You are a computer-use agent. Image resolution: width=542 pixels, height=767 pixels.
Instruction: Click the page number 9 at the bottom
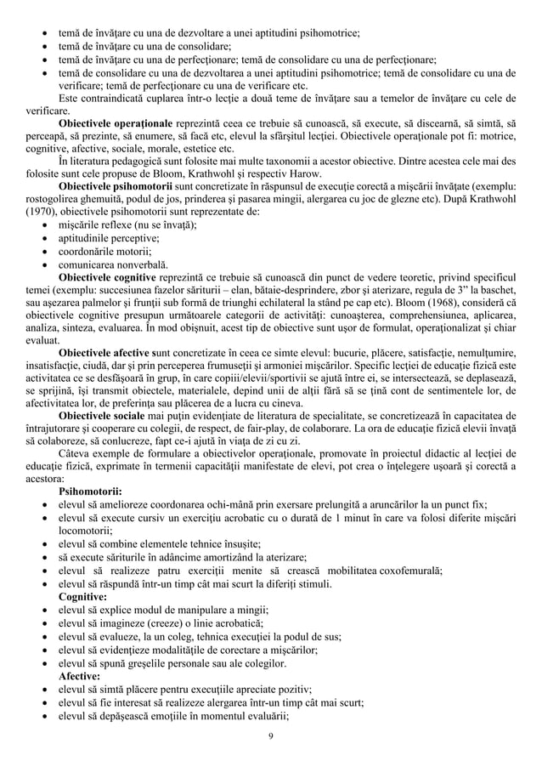(269, 736)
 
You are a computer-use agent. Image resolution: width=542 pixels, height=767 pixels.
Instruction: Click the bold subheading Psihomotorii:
(90, 491)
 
